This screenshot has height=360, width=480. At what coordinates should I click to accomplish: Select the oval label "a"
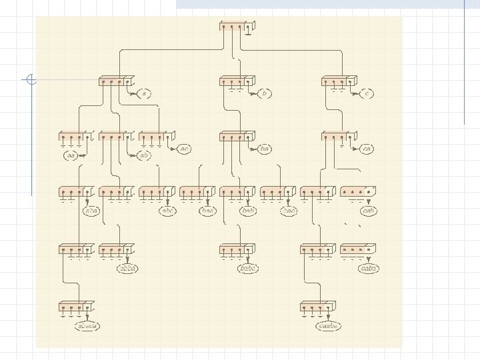point(144,94)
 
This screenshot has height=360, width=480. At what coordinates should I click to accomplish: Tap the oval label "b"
point(265,94)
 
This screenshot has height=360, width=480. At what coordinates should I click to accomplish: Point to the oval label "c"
point(367,94)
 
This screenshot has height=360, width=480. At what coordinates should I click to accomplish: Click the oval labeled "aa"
point(71,155)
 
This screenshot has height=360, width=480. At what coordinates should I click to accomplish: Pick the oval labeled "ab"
point(144,155)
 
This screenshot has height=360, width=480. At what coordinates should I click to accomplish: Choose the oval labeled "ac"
point(185,149)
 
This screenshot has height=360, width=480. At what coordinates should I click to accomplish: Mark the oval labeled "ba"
point(265,149)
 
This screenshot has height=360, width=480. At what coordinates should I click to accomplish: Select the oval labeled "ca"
point(367,149)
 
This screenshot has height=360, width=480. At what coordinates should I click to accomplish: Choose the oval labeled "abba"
point(127,268)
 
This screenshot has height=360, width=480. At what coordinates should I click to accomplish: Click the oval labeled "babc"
point(249,268)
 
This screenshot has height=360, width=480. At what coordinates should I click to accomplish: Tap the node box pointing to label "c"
point(337,81)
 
